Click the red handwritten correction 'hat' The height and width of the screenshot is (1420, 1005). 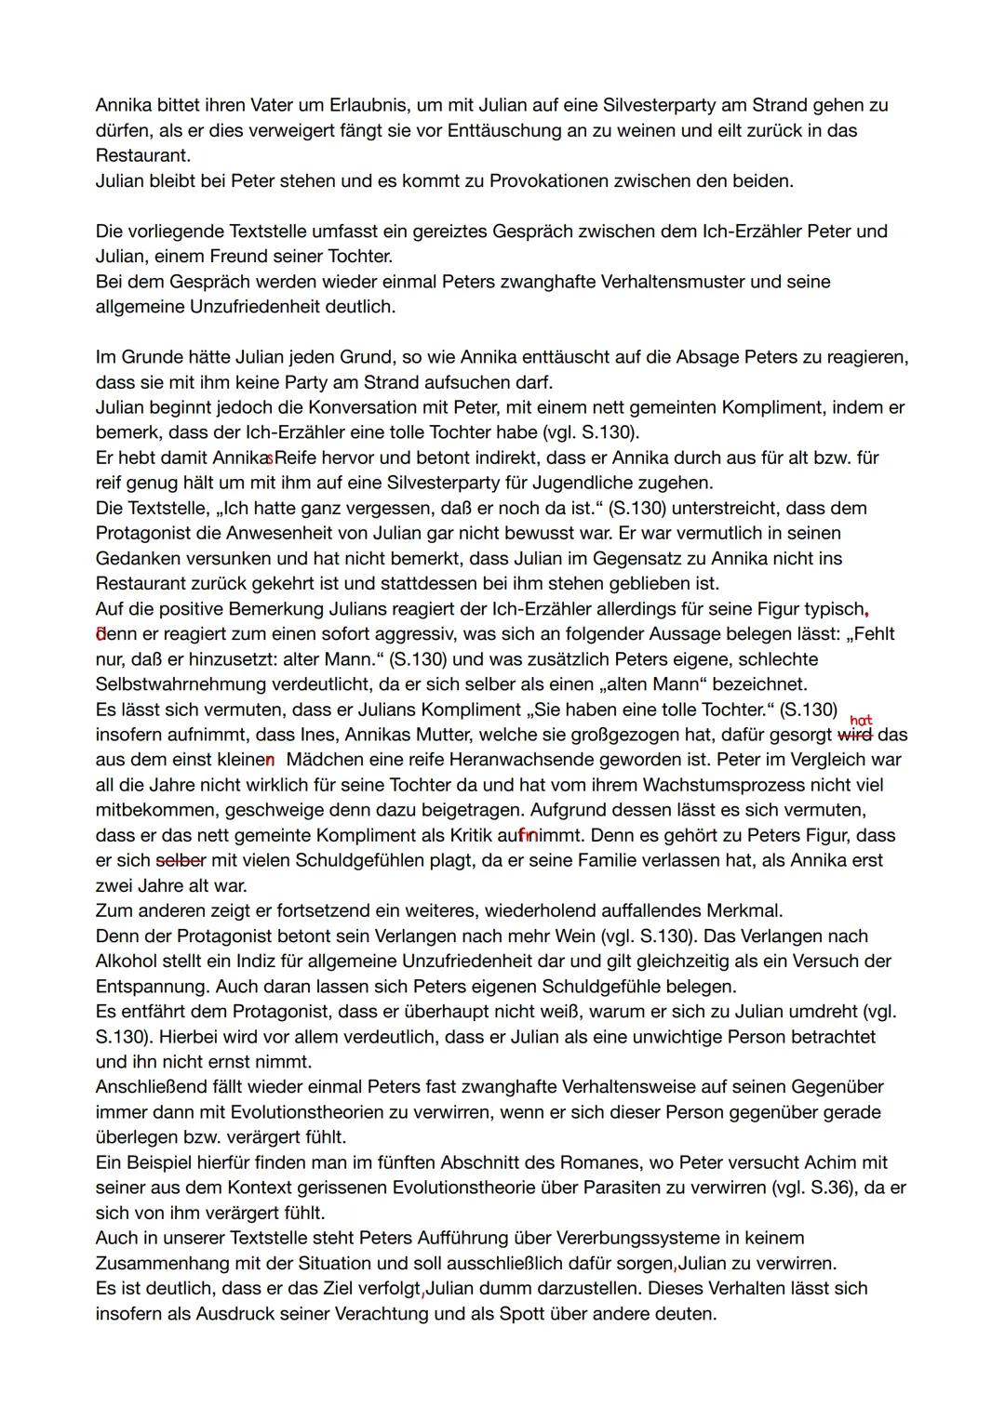tap(861, 720)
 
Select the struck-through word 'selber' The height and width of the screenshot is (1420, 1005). tap(181, 860)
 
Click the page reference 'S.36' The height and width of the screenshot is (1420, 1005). tap(830, 1188)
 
